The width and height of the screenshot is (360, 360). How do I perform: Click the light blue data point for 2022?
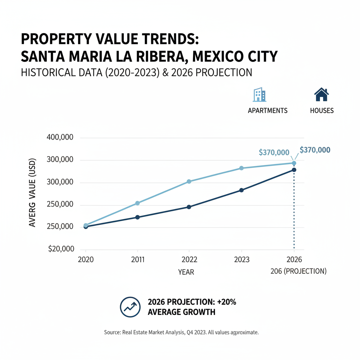tap(189, 181)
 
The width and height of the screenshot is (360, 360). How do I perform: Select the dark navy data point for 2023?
tap(242, 190)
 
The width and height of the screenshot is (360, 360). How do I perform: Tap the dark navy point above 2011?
tap(137, 217)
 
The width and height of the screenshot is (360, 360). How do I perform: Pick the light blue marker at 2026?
tap(294, 163)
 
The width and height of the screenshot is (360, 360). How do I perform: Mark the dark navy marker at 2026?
tap(294, 170)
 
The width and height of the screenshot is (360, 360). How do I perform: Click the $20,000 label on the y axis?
tap(61, 249)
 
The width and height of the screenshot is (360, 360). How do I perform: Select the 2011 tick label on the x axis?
tap(137, 260)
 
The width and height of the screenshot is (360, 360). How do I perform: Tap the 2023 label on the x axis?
tap(242, 260)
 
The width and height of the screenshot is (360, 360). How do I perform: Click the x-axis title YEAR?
tap(186, 272)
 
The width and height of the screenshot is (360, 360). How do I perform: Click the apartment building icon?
tap(259, 95)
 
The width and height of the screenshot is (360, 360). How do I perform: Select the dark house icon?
tap(321, 95)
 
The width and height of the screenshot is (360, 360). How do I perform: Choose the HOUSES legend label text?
tap(322, 110)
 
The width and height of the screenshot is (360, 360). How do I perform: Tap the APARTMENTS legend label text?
tap(268, 110)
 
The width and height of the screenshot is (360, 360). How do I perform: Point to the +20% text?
tap(229, 302)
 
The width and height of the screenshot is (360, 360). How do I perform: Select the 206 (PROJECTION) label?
tap(298, 271)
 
